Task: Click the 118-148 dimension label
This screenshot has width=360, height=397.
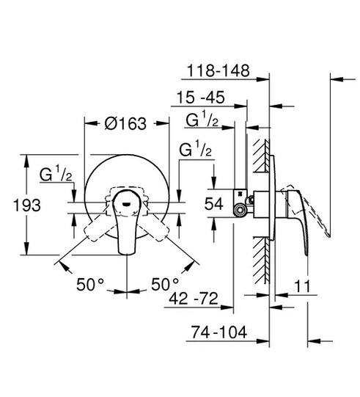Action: [x=218, y=70]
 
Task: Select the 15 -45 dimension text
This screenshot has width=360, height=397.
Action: [x=200, y=97]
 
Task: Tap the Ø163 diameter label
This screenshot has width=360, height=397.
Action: [x=125, y=123]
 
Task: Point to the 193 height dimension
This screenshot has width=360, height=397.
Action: [x=27, y=205]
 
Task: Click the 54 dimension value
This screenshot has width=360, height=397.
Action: [x=214, y=203]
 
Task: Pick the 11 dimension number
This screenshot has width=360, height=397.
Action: [x=302, y=286]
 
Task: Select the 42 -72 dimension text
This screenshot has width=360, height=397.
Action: [x=194, y=298]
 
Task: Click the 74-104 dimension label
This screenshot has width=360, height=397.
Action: [x=218, y=332]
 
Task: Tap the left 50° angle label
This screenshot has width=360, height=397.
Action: [x=90, y=284]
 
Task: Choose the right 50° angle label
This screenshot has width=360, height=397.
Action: [x=165, y=284]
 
